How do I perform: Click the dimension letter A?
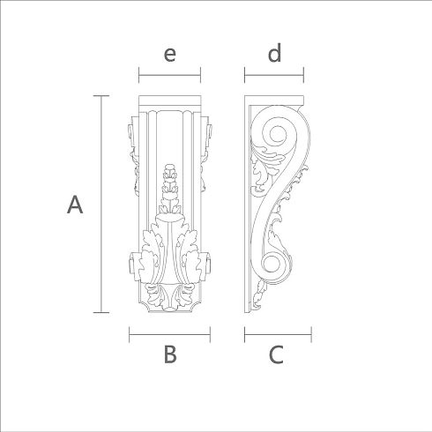click(75, 205)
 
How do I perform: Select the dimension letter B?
click(170, 354)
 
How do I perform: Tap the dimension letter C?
click(276, 354)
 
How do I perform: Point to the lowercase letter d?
click(274, 53)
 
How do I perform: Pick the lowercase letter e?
click(170, 55)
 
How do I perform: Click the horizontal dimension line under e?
click(169, 75)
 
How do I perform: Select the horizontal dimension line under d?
click(274, 75)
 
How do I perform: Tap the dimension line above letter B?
click(170, 334)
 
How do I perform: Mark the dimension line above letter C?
click(278, 334)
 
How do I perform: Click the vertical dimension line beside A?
click(101, 204)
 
